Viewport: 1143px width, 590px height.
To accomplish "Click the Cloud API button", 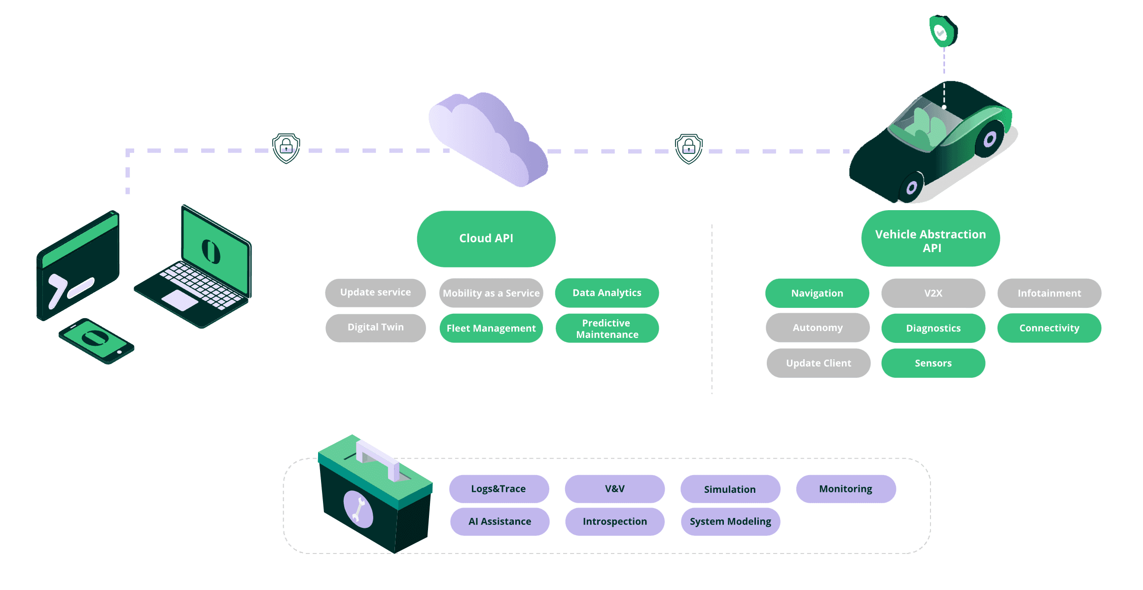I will click(x=486, y=239).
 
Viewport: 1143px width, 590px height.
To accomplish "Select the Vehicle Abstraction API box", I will click(x=930, y=239).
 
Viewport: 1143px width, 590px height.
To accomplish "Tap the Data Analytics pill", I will click(x=607, y=293).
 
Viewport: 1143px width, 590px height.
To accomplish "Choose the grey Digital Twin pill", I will click(x=376, y=328).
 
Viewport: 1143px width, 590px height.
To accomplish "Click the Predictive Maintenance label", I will click(x=607, y=329).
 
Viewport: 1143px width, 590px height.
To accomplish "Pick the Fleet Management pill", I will click(x=491, y=329).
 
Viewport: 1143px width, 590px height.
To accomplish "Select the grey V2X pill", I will click(x=933, y=294).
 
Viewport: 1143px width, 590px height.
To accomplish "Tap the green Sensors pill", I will click(x=933, y=364).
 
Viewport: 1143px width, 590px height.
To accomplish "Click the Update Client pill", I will click(x=819, y=364).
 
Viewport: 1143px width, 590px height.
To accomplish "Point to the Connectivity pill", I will click(x=1049, y=329).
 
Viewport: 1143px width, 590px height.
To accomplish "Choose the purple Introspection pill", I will click(x=614, y=522).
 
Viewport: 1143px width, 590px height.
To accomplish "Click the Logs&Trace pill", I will click(x=499, y=489).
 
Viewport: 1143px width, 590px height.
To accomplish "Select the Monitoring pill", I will click(x=846, y=489).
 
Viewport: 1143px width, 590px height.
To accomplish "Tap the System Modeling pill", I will click(x=730, y=522).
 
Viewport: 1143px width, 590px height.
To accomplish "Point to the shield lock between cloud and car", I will click(x=689, y=148).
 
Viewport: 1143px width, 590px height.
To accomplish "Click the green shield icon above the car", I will click(x=943, y=32).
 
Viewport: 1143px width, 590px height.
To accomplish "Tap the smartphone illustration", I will click(x=96, y=341).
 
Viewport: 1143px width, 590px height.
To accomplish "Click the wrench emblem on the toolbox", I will click(x=358, y=510).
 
